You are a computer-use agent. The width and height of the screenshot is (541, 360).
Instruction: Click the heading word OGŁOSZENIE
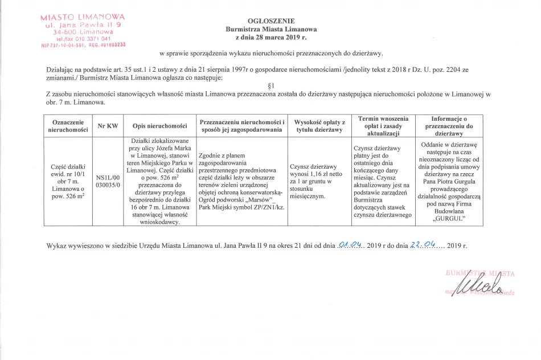click(x=271, y=19)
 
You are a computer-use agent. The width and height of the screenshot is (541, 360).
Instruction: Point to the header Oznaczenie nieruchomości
click(x=68, y=126)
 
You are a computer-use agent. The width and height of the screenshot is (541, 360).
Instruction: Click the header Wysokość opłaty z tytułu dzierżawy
click(x=319, y=126)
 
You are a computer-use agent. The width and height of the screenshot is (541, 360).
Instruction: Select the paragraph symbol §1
click(x=270, y=85)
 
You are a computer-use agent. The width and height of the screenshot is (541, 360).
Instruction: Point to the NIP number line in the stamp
click(x=84, y=44)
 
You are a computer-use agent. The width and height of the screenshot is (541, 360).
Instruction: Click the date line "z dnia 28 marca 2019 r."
click(x=271, y=37)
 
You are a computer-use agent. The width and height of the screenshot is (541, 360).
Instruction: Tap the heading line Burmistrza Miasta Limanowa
click(x=271, y=28)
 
